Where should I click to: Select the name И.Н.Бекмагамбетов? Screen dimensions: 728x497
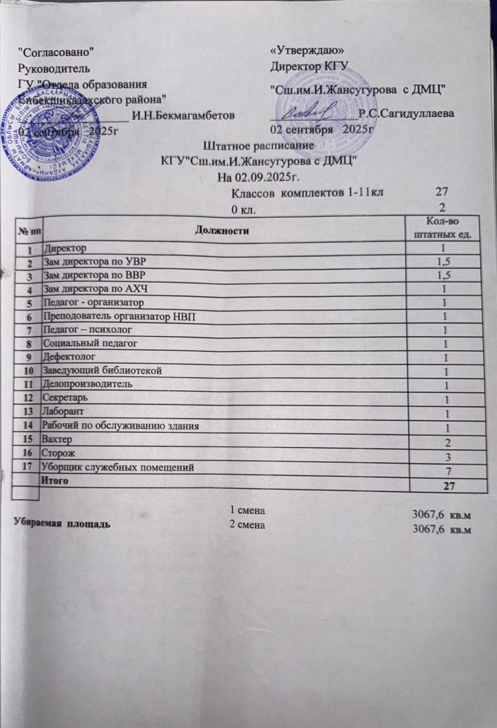182,116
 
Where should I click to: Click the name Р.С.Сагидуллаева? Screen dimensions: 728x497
406,114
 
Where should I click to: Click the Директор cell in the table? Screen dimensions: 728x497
64,249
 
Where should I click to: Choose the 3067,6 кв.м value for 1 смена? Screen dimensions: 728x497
441,515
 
